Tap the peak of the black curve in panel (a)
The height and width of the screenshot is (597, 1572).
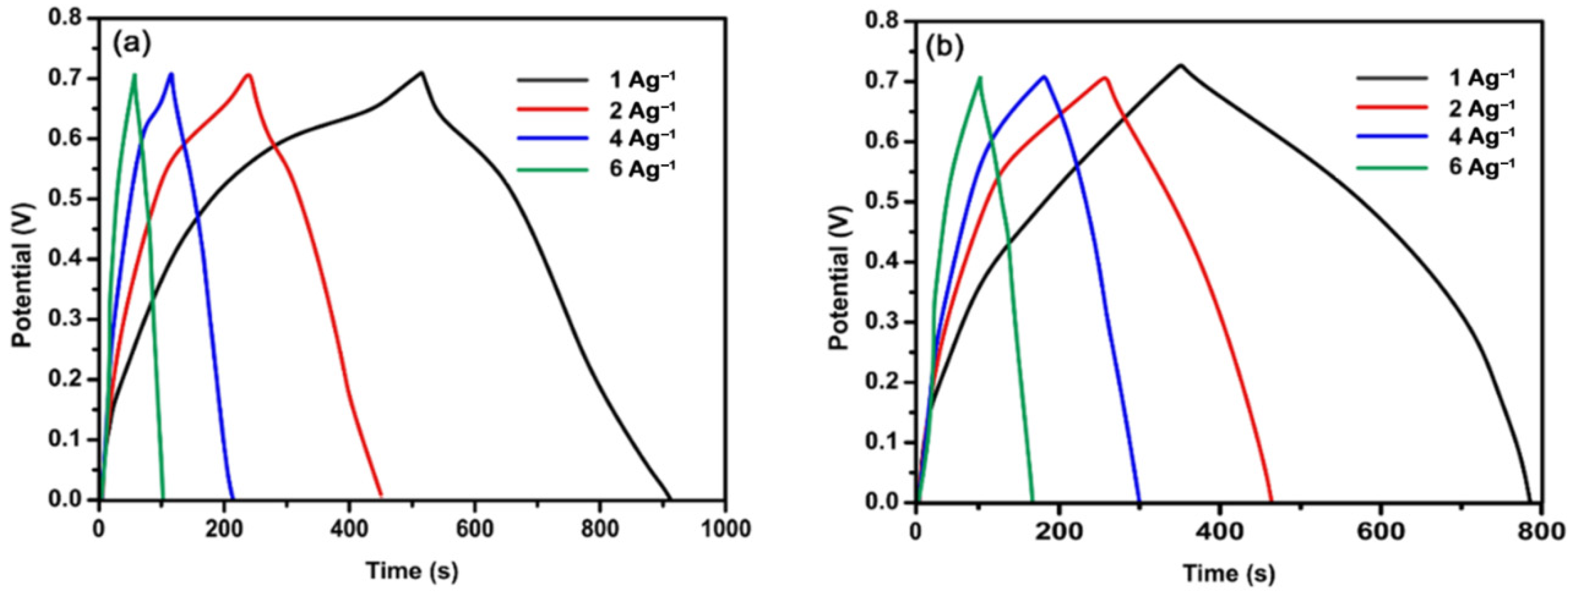(x=421, y=73)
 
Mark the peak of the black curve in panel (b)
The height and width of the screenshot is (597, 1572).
(x=1180, y=65)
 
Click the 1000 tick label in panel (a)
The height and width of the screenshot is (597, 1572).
(x=725, y=529)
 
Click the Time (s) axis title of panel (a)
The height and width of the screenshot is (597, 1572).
(x=412, y=571)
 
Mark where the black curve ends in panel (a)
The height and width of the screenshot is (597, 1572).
(x=670, y=499)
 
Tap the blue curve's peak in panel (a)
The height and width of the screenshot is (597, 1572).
(x=171, y=74)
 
